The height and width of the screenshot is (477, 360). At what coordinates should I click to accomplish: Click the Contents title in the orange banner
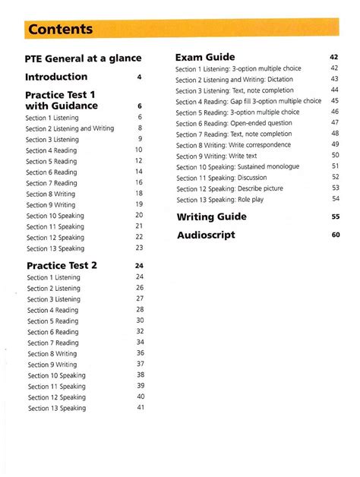coord(60,30)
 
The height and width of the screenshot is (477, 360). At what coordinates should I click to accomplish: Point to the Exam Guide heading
coord(205,57)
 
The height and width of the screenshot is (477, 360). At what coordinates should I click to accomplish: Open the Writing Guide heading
coord(211,216)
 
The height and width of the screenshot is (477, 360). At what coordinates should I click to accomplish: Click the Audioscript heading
coord(206,235)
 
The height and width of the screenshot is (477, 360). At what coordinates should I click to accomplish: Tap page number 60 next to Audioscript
coord(335,235)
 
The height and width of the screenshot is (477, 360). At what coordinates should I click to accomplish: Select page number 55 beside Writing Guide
coord(335,216)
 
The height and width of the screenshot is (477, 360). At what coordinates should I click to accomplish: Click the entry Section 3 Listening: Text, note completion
coord(235,90)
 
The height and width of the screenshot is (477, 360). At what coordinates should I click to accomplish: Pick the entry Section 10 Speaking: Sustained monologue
coord(238,166)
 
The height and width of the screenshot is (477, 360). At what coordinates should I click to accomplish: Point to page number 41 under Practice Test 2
coord(140,407)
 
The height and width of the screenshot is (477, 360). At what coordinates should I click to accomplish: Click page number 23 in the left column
coord(140,248)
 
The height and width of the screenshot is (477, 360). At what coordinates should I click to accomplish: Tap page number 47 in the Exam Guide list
coord(335,122)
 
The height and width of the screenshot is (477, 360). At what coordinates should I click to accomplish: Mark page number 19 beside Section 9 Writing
coord(140,204)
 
